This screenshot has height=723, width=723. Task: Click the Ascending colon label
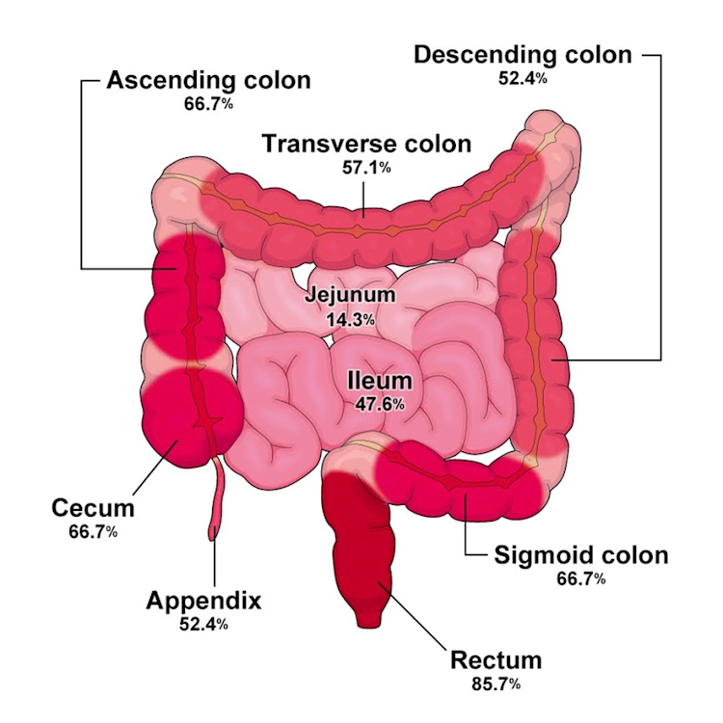pyautogui.click(x=208, y=79)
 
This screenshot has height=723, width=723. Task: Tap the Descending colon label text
pyautogui.click(x=522, y=54)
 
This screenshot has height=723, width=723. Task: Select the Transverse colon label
pyautogui.click(x=367, y=144)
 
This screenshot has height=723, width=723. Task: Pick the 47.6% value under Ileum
pyautogui.click(x=380, y=405)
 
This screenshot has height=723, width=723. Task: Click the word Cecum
pyautogui.click(x=93, y=508)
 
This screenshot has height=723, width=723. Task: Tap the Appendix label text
pyautogui.click(x=203, y=601)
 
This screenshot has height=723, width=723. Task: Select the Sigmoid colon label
pyautogui.click(x=580, y=555)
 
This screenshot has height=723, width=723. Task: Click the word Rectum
pyautogui.click(x=496, y=661)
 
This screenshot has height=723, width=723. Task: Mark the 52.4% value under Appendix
pyautogui.click(x=202, y=625)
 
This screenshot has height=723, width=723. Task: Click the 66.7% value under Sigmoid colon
pyautogui.click(x=580, y=579)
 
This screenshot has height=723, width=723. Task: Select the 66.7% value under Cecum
pyautogui.click(x=93, y=531)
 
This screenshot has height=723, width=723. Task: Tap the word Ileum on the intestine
pyautogui.click(x=379, y=382)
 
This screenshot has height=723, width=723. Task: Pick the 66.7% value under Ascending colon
pyautogui.click(x=208, y=103)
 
